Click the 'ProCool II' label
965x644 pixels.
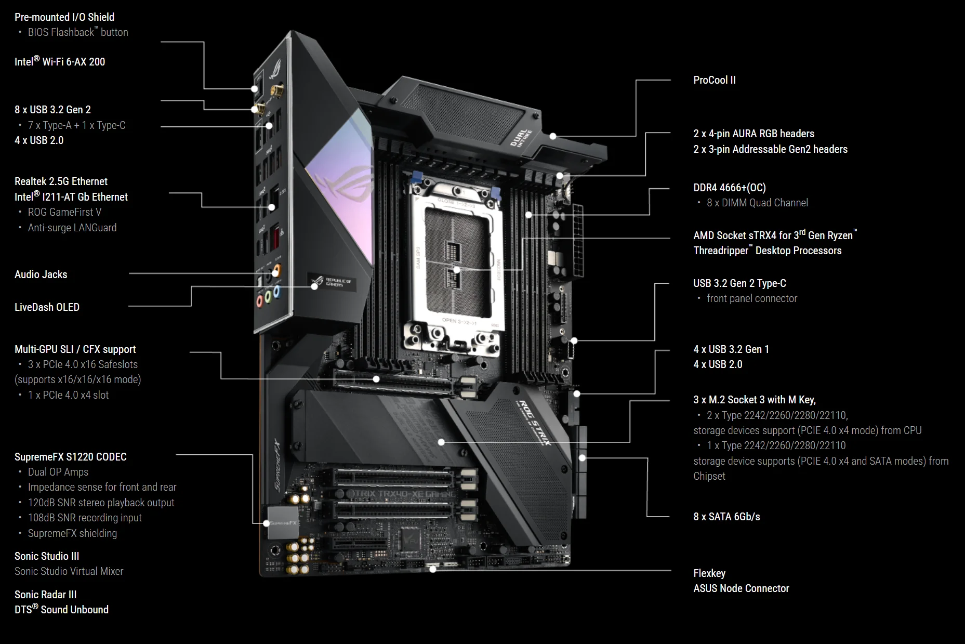715,80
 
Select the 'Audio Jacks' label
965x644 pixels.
41,274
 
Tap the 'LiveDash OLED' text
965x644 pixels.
47,307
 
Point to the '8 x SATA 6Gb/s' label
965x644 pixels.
726,517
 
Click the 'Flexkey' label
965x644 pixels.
709,573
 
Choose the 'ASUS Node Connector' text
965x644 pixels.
741,588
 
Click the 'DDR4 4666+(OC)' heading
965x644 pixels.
730,188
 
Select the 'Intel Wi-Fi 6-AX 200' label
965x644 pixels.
60,61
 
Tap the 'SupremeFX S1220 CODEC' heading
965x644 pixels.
71,457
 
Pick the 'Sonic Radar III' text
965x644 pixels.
46,595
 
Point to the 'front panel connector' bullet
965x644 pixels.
752,298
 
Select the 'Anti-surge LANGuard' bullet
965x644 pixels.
72,228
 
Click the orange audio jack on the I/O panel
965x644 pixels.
277,269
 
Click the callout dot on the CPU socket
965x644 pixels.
456,270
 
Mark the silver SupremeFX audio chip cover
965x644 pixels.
283,522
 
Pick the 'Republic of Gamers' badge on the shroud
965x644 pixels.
332,283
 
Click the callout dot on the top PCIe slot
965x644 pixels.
376,379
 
